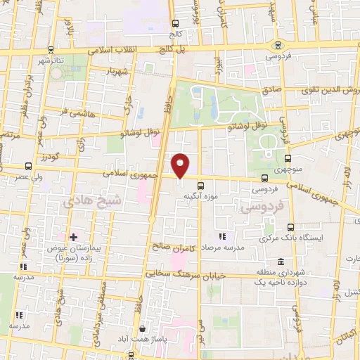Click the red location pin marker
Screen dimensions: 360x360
point(181,165)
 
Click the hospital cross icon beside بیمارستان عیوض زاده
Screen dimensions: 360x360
point(74,236)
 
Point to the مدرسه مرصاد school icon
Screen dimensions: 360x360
point(223,236)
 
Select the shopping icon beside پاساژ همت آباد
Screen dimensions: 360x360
point(143,328)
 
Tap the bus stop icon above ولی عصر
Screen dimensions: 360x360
point(28,167)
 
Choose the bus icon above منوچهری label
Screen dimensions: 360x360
point(289,158)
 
